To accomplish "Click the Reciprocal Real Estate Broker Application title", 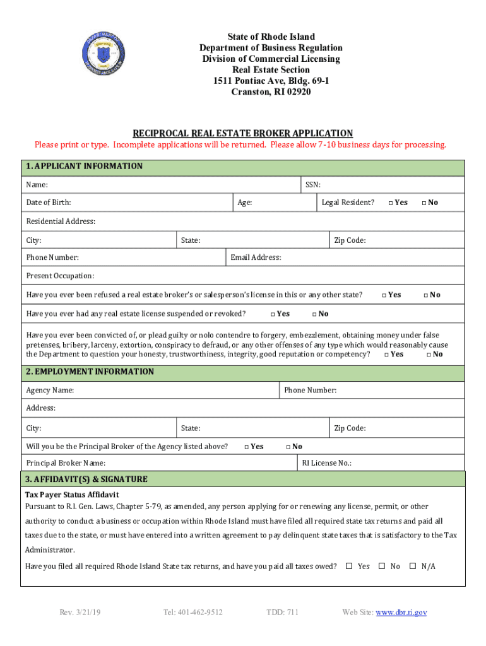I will (x=242, y=133).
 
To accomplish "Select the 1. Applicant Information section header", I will (x=84, y=167).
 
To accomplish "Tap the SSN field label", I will (x=313, y=185).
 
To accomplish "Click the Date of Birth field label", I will (x=49, y=203).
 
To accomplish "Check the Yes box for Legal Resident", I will (x=391, y=203).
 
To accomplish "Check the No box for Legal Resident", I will (x=424, y=203).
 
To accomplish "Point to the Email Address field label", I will (x=256, y=257).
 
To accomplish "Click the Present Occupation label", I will (x=60, y=276).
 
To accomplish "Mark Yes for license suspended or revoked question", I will (x=273, y=314).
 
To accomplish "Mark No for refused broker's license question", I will (x=427, y=295).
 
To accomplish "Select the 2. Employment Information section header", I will (x=90, y=372).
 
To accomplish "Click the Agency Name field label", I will (x=50, y=391).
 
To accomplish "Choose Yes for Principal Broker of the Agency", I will (x=247, y=447).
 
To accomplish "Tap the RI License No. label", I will (x=326, y=463).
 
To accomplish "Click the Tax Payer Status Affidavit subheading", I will (x=71, y=495).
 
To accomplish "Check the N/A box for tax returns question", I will (x=413, y=566).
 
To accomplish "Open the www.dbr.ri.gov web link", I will (x=401, y=612).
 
